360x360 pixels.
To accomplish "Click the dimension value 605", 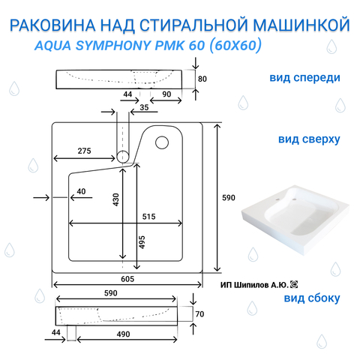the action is click(127, 279).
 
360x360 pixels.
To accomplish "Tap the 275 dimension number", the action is click(84, 151).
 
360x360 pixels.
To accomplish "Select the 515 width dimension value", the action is click(148, 217).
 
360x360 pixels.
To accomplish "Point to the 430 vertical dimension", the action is click(116, 199).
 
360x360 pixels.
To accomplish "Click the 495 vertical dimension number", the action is click(142, 242).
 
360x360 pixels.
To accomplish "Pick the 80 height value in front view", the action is click(202, 79).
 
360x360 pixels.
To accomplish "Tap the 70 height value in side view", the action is click(199, 314).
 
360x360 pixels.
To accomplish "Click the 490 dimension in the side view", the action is click(123, 334).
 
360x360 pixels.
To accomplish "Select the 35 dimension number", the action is click(144, 107).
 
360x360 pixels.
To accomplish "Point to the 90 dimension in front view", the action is click(166, 94).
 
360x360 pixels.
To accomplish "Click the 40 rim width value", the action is click(81, 191).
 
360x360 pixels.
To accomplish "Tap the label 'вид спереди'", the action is click(304, 78).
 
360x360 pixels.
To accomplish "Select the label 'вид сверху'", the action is click(309, 139).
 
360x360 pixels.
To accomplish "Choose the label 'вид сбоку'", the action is click(312, 298).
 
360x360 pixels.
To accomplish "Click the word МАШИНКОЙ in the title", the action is click(301, 25).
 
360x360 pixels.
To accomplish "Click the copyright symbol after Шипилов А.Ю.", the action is click(294, 284).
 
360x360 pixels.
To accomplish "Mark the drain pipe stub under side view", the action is click(71, 333).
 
